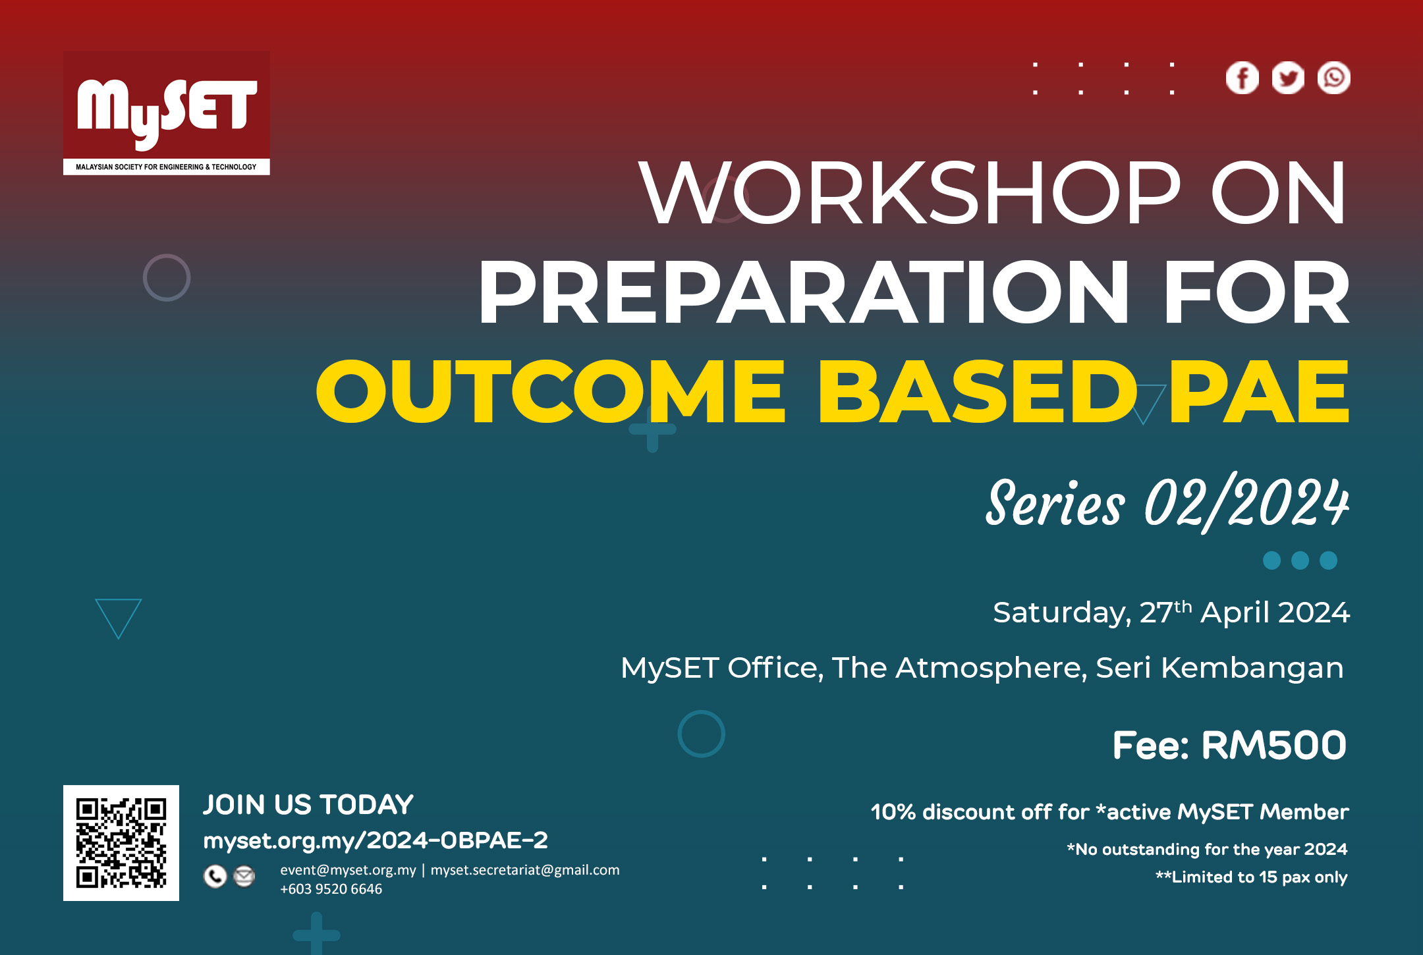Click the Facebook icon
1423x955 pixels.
click(x=1242, y=78)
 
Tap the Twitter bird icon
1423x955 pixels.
click(x=1288, y=78)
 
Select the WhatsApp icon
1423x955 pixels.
click(x=1334, y=78)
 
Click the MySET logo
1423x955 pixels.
click(x=166, y=113)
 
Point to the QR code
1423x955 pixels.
click(x=121, y=843)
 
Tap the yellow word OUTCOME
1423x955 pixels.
click(x=551, y=393)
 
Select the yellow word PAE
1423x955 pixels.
click(x=1258, y=393)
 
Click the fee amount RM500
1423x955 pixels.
click(x=1273, y=746)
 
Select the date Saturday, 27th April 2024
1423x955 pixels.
click(x=1171, y=613)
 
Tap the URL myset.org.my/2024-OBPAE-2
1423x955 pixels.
click(x=376, y=840)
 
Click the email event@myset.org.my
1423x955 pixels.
click(x=348, y=870)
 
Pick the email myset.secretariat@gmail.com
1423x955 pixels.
click(x=525, y=870)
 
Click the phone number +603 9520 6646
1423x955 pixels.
click(x=331, y=889)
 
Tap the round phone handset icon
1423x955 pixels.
click(x=215, y=877)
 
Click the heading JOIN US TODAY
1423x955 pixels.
click(x=308, y=805)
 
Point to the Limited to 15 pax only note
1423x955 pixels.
click(x=1252, y=877)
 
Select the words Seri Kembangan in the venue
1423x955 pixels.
click(x=1219, y=668)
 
